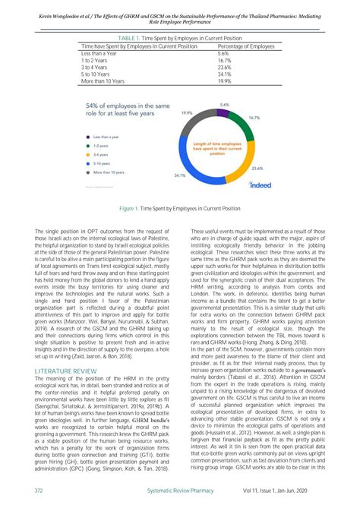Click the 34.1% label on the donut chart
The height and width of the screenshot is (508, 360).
click(179, 175)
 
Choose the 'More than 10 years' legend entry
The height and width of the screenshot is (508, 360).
click(110, 172)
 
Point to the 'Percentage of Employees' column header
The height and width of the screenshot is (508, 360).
click(245, 46)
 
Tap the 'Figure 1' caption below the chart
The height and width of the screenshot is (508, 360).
click(180, 207)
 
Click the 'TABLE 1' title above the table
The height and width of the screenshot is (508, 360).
click(179, 37)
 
